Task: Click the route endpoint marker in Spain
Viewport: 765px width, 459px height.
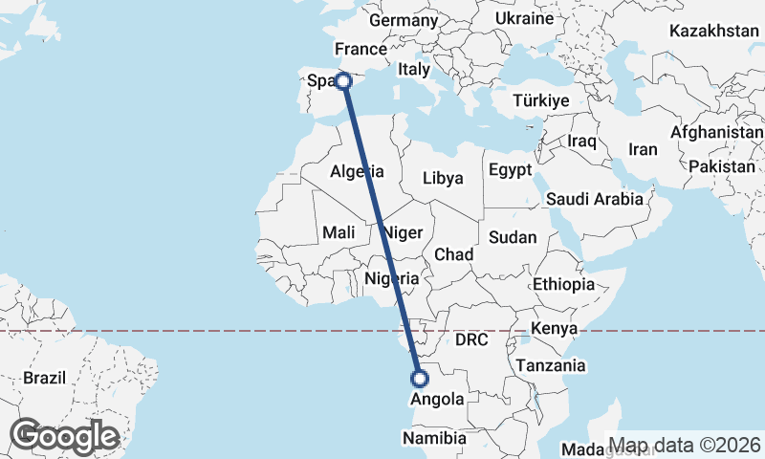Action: tap(344, 82)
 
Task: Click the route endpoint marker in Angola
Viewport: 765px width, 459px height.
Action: tap(418, 378)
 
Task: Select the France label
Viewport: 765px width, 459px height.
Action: tap(360, 50)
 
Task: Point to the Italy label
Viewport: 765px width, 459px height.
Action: tap(415, 69)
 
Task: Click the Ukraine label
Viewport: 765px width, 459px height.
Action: tap(525, 18)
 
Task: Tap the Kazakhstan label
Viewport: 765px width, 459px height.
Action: tap(714, 31)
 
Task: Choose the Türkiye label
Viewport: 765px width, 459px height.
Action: tap(541, 100)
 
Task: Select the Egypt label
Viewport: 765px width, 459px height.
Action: tap(509, 170)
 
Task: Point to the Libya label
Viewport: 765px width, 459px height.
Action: tap(443, 178)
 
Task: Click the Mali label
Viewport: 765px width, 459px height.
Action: tap(339, 232)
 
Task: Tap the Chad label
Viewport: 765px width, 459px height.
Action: tap(453, 254)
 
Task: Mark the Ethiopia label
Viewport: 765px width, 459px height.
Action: tap(564, 284)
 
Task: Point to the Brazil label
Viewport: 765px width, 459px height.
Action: tap(45, 378)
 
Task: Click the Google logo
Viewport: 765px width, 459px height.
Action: tap(64, 436)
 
